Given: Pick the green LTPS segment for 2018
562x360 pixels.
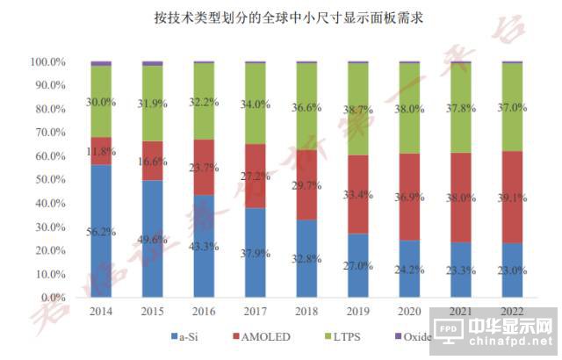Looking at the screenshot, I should click(x=306, y=106).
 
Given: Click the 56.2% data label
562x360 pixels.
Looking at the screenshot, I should click(x=100, y=234).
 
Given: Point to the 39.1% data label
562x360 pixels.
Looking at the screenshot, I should click(x=511, y=198).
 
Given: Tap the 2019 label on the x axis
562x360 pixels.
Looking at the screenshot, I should click(x=357, y=311).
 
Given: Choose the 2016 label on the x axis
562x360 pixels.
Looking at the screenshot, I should click(x=204, y=311).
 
